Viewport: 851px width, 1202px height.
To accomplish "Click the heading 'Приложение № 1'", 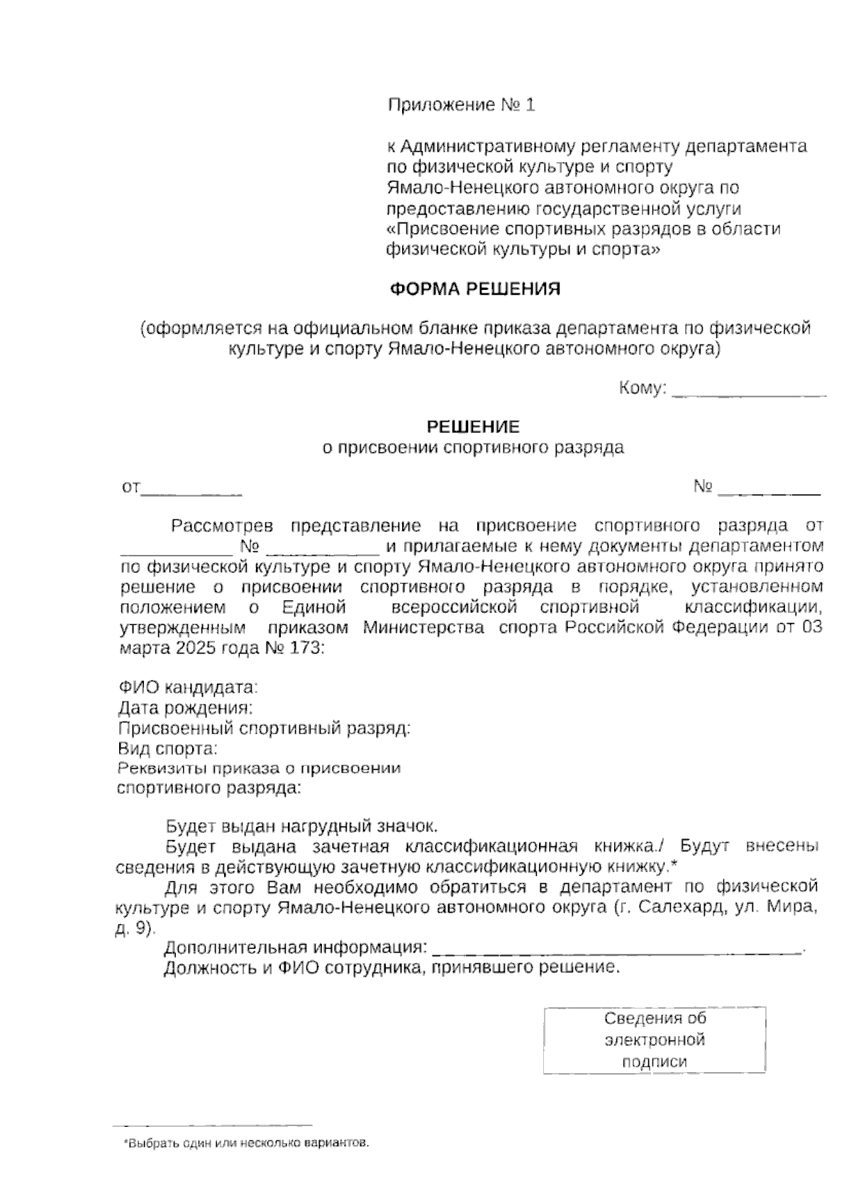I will [461, 106].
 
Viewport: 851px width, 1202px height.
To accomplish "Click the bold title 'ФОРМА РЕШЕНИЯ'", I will [475, 289].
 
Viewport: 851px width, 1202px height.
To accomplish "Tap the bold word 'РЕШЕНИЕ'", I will [472, 427].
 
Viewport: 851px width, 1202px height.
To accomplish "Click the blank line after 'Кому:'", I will [748, 391].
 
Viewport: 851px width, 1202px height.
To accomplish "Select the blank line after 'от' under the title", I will [192, 490].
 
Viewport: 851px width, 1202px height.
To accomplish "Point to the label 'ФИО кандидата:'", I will [188, 687].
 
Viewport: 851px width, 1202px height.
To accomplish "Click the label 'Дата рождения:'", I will [186, 708].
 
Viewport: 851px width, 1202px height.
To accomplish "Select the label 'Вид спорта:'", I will [168, 748].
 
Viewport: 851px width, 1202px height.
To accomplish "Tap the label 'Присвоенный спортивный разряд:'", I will [265, 729].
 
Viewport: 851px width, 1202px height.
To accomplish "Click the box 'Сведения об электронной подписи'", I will [655, 1040].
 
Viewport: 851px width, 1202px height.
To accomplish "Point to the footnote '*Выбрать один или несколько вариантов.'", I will [247, 1143].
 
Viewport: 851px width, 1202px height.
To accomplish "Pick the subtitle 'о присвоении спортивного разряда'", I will [473, 447].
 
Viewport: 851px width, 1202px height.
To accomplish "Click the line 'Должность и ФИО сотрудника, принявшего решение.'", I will [391, 968].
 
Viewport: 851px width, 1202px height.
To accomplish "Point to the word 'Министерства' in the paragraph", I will [424, 627].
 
